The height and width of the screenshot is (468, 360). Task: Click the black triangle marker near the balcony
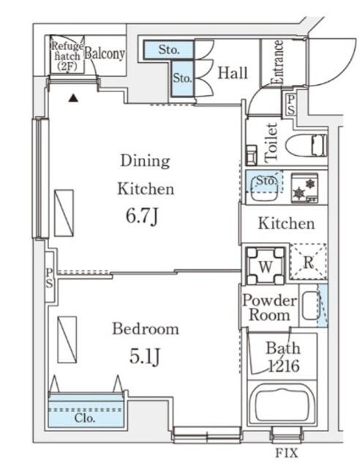click(73, 98)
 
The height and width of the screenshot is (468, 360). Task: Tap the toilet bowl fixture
click(307, 146)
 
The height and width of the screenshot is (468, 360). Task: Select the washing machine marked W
click(266, 265)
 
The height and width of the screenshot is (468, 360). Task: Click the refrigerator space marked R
click(309, 262)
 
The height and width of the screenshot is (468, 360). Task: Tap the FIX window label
click(287, 453)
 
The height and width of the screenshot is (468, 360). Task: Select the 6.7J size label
click(142, 216)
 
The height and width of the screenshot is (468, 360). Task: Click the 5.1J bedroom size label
click(145, 356)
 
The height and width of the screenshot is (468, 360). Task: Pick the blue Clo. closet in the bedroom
click(86, 411)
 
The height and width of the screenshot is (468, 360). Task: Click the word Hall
click(233, 73)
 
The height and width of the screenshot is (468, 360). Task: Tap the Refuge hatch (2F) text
click(67, 56)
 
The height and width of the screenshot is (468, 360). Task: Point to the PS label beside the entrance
click(290, 105)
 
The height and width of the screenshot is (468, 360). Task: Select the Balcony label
click(104, 53)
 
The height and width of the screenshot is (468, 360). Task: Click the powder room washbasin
click(311, 306)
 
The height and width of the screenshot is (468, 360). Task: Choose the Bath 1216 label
click(283, 357)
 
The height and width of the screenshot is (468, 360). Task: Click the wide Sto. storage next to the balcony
click(168, 50)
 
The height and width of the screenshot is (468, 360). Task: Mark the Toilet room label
click(271, 143)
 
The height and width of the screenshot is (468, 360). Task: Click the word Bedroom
click(146, 328)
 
